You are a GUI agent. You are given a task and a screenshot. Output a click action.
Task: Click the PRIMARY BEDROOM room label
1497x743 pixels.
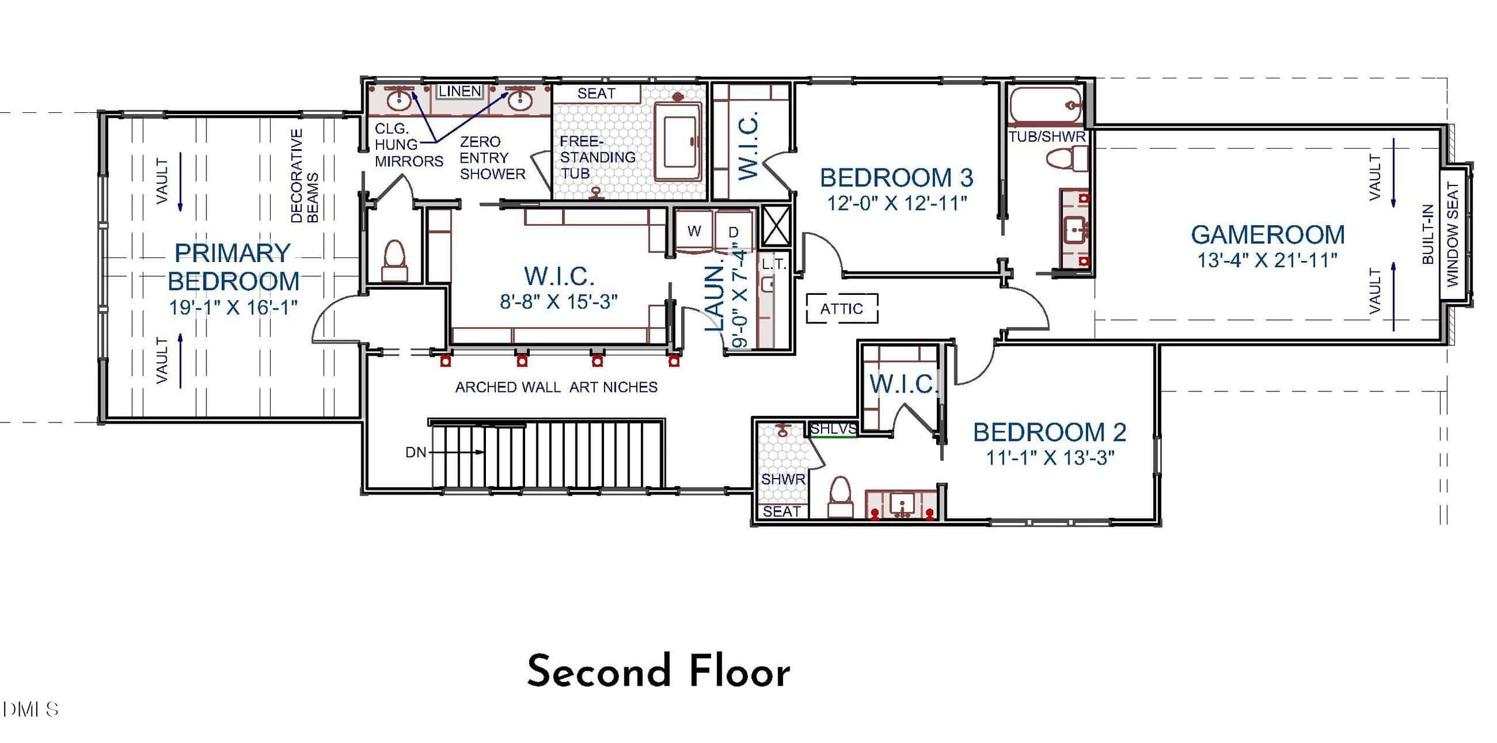233,267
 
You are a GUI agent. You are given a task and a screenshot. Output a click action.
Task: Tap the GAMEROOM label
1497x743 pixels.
1268,235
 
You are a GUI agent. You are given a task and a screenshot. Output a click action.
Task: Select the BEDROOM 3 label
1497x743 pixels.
896,177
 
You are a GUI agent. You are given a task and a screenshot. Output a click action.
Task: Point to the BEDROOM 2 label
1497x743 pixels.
1050,432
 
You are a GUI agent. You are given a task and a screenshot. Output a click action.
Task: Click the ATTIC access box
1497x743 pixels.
842,308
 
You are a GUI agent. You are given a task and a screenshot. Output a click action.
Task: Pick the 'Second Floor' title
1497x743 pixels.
658,671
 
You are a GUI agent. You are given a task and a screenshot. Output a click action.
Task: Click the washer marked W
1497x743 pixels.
694,231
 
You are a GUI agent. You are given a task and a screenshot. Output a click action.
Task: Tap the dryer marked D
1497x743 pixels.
733,232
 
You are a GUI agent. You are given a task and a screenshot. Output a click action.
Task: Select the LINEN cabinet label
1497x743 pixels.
460,91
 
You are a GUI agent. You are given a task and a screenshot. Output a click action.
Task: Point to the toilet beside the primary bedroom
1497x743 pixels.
394,260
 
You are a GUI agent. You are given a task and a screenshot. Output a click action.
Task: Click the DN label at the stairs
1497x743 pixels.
416,452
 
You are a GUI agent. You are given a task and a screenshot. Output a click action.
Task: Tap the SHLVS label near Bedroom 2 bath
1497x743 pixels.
833,428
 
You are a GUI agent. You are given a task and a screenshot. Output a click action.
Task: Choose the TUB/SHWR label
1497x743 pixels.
1047,136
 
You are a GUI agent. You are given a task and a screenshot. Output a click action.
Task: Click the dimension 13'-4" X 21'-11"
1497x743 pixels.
1268,260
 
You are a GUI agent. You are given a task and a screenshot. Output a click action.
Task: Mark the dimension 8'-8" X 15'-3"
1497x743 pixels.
559,301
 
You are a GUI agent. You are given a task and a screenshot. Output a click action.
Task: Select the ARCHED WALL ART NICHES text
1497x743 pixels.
556,387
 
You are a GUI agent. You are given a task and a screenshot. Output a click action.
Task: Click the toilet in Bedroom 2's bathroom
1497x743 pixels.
840,497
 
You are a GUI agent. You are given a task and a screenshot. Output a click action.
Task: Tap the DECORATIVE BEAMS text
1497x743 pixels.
305,176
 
